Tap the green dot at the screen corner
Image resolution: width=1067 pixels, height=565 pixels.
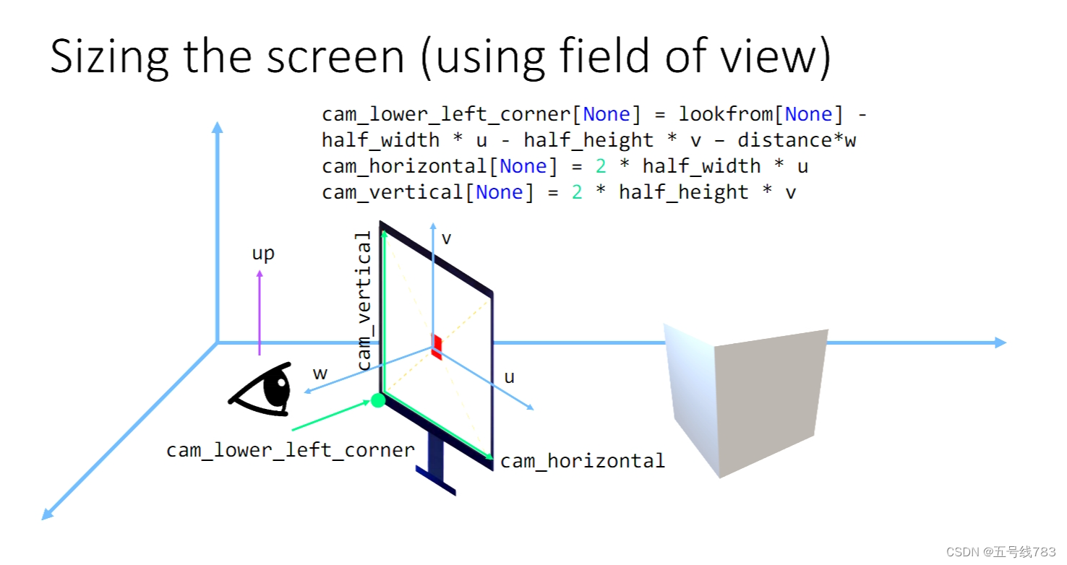point(378,400)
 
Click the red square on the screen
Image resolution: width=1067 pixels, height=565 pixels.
point(437,346)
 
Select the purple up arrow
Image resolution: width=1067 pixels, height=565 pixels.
point(260,312)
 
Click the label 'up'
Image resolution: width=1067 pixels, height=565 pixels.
point(263,254)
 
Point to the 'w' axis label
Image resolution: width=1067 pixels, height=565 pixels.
point(320,373)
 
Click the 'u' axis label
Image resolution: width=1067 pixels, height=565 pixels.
point(510,377)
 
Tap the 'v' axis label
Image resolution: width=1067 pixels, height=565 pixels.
point(447,238)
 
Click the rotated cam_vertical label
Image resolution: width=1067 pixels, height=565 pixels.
point(364,301)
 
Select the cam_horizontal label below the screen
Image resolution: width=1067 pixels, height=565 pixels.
point(583,461)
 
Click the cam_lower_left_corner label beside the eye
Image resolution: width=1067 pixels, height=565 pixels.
point(291,450)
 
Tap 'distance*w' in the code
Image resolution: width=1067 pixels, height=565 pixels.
point(797,140)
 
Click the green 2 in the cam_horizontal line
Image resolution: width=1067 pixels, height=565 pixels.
point(601,166)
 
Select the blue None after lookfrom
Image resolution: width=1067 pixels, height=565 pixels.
point(808,114)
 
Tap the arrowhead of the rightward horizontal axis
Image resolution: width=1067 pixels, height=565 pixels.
point(1000,342)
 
